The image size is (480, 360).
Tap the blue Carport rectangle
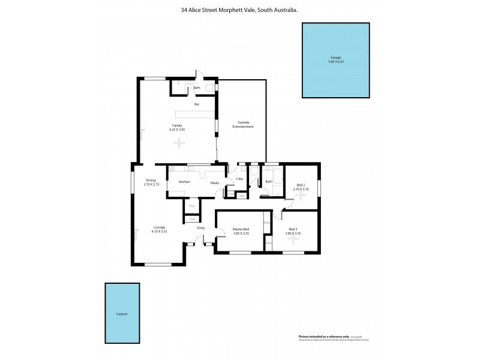pos(122,313)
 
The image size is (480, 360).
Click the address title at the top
pos(240,10)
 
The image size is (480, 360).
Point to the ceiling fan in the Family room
pos(178,142)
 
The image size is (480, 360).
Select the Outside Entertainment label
pos(243,125)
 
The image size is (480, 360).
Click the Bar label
pos(196,104)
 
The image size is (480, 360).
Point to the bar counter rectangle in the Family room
pos(194,114)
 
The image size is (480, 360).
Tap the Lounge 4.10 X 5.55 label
pos(159,229)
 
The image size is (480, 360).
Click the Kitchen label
pos(184,181)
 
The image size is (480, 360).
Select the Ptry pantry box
pos(192,206)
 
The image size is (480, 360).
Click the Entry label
pos(201,228)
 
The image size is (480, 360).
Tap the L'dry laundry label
pos(239,179)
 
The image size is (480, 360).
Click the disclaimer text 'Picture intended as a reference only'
pos(324,336)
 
